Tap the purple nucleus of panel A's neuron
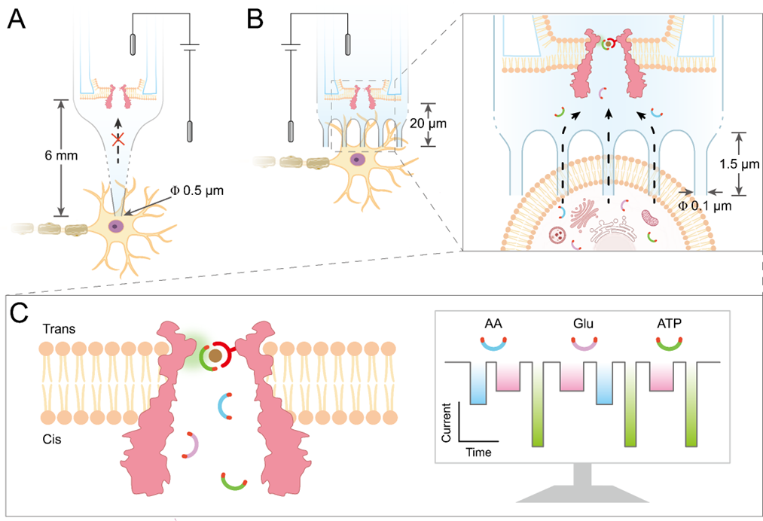click(115, 226)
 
